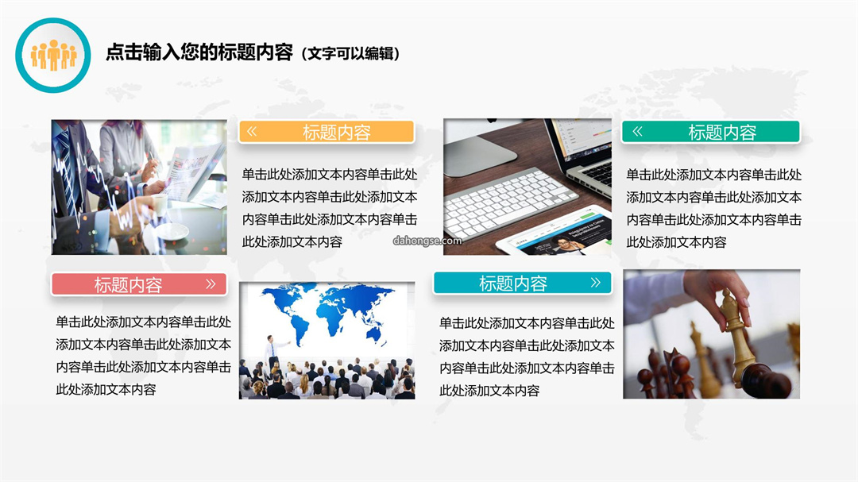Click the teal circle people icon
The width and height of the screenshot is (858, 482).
(x=53, y=56)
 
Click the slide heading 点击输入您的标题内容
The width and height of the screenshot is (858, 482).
(x=199, y=52)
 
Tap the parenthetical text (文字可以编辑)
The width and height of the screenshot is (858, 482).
(x=351, y=54)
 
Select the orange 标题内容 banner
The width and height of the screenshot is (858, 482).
(x=327, y=132)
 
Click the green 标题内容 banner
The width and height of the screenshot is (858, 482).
(x=711, y=132)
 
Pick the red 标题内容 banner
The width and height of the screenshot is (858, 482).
(x=139, y=284)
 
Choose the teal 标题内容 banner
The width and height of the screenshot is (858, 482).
(x=523, y=283)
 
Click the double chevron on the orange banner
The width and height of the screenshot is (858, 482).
(x=252, y=131)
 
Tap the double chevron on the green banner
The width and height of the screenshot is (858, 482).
(x=637, y=131)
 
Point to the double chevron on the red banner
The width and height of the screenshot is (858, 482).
(x=211, y=284)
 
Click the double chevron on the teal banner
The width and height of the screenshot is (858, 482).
(x=595, y=283)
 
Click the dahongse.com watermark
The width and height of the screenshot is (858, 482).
(x=427, y=241)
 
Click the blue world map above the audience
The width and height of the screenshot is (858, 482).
(x=328, y=312)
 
